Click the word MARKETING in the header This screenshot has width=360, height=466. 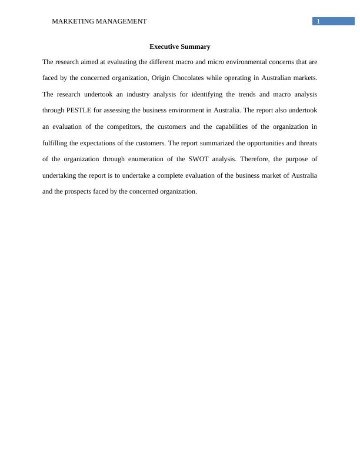tap(69, 21)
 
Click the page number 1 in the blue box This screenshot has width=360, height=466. tap(318, 21)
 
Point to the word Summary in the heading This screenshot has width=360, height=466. tap(196, 46)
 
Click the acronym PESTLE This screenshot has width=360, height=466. tap(78, 110)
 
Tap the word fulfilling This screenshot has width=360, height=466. tap(55, 143)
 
